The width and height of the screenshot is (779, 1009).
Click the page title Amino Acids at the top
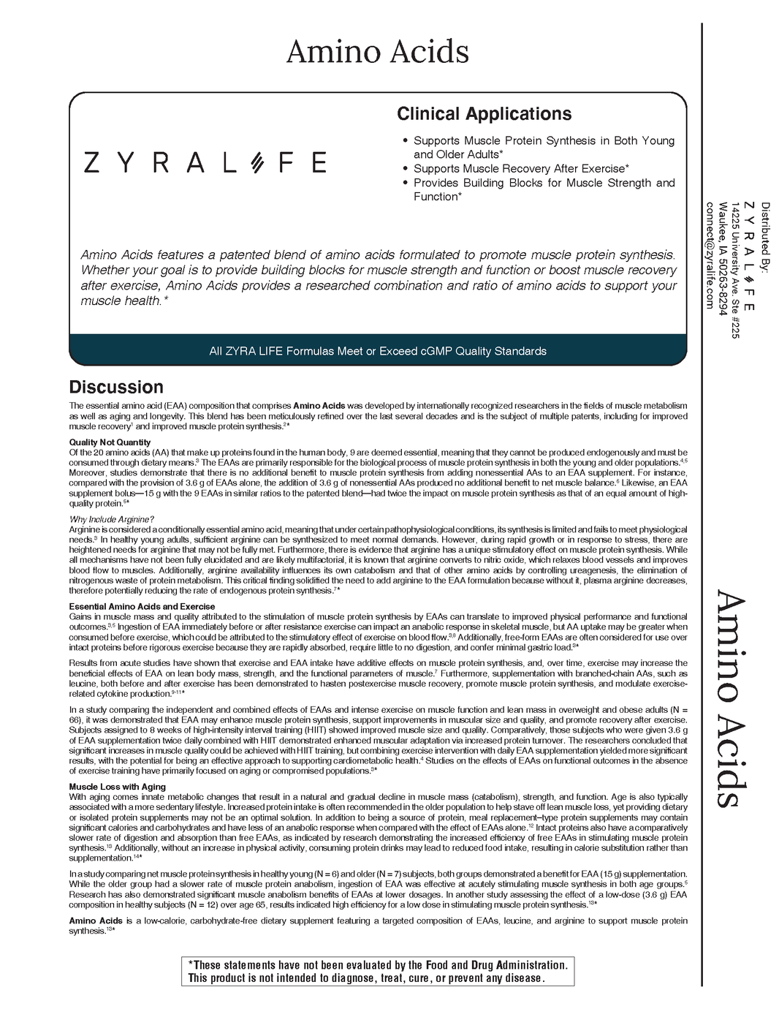pos(377,52)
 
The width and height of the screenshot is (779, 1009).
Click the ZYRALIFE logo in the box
pos(205,162)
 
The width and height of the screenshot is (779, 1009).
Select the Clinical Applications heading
pos(484,114)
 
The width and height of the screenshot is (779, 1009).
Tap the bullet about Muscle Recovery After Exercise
pos(521,169)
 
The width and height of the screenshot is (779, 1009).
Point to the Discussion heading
pos(116,387)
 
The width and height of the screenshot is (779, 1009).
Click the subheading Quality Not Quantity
pos(110,442)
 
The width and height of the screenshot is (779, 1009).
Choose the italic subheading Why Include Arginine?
pos(111,520)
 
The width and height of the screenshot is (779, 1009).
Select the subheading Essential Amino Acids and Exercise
pos(142,607)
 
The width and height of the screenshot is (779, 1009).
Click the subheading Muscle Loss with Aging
pos(117,787)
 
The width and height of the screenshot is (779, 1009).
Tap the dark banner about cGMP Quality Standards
pos(378,351)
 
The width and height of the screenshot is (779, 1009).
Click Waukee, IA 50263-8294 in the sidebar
pos(722,258)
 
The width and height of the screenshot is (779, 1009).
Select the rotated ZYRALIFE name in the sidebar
pos(750,255)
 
